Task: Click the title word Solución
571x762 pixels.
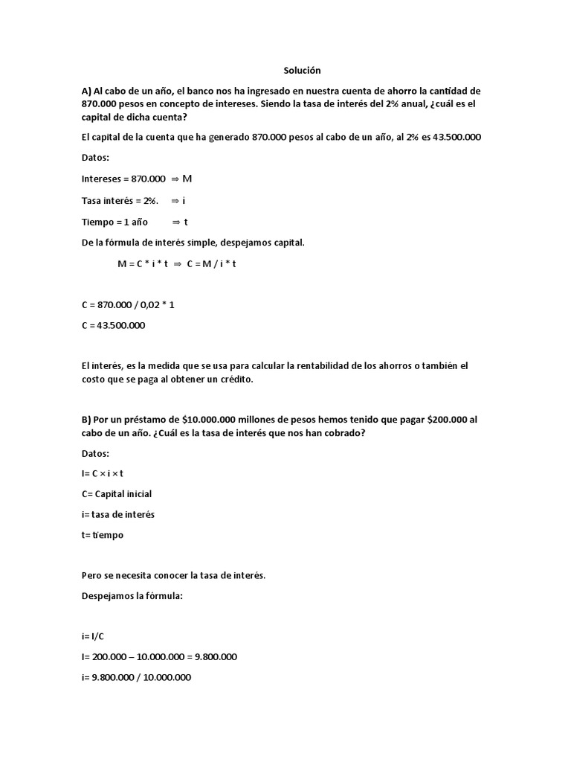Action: tap(302, 70)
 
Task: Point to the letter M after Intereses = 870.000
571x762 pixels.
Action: tap(187, 179)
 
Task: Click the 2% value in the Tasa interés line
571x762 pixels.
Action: tap(151, 200)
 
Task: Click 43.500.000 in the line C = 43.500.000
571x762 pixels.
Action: tap(120, 325)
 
